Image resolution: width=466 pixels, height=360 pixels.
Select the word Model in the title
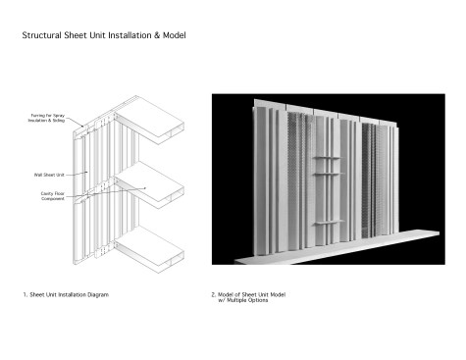(174, 35)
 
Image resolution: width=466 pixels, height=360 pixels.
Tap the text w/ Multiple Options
(248, 300)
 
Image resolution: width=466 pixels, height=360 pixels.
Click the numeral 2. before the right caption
(214, 294)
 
